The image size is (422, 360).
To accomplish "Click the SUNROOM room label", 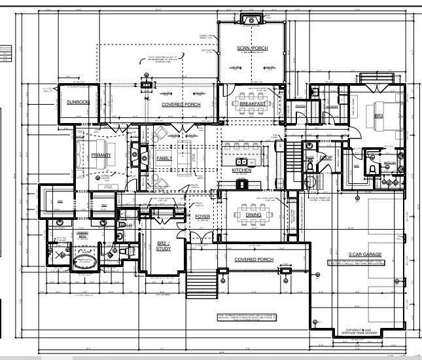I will [79, 102].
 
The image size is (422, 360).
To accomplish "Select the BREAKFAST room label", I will [252, 104].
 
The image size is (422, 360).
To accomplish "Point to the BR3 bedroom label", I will [378, 115].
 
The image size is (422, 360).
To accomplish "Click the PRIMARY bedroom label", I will [101, 154].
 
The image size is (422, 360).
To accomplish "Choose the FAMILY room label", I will [165, 158].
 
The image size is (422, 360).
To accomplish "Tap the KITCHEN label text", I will [241, 170].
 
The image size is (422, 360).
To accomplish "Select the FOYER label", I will [202, 216].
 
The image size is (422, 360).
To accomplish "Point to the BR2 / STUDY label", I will [163, 245].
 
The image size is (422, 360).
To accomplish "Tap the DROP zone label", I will [325, 158].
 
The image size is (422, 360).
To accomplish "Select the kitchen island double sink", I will [241, 161].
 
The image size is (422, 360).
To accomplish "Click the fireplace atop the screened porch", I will [251, 19].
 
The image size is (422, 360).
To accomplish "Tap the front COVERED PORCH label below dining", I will [254, 259].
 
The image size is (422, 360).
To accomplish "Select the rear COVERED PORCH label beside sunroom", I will [181, 104].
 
